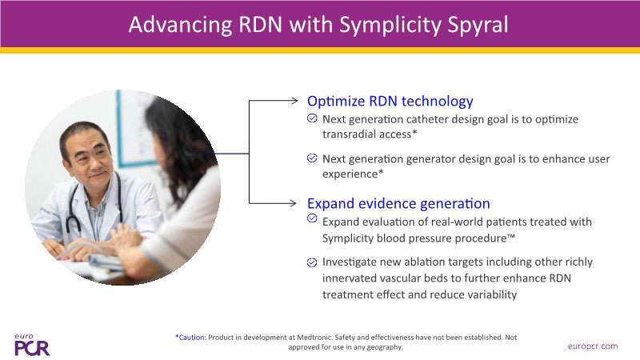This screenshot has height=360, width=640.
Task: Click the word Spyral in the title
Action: tap(478, 26)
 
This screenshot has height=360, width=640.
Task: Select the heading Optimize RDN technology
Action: tap(390, 102)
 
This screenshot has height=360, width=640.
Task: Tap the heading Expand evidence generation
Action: tap(398, 203)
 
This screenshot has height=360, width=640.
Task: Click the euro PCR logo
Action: tap(32, 345)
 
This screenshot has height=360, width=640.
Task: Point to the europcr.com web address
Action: tap(593, 346)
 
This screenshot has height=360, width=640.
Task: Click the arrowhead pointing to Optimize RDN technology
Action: tap(294, 101)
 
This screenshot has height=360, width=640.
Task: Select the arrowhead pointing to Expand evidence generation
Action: tap(293, 203)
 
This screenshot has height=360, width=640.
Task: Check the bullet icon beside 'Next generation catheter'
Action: tap(312, 118)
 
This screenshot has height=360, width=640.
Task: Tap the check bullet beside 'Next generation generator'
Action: tap(312, 158)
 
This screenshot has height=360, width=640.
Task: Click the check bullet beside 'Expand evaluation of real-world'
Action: tap(312, 218)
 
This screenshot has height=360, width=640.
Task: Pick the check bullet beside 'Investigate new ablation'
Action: tap(312, 262)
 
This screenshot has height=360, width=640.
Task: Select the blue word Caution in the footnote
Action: tap(192, 338)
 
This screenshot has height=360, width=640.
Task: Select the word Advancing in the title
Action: tap(181, 26)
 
